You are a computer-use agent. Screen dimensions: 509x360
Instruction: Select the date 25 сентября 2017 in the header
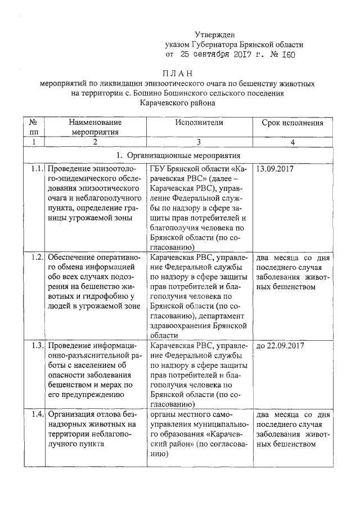click(x=218, y=55)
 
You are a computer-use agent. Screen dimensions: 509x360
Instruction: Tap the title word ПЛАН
click(x=178, y=73)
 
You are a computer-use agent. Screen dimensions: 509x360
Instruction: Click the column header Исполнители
click(x=199, y=122)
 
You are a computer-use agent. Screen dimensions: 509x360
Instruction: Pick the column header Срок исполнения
click(x=292, y=122)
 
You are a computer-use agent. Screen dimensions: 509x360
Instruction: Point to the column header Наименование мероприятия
click(x=95, y=127)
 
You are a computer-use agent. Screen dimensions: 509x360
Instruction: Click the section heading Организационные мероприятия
click(x=183, y=155)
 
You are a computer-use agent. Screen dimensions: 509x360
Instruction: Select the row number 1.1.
click(x=36, y=168)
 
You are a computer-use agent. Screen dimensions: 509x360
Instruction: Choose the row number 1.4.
click(x=36, y=415)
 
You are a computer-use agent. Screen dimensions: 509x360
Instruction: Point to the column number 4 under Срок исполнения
click(x=292, y=142)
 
